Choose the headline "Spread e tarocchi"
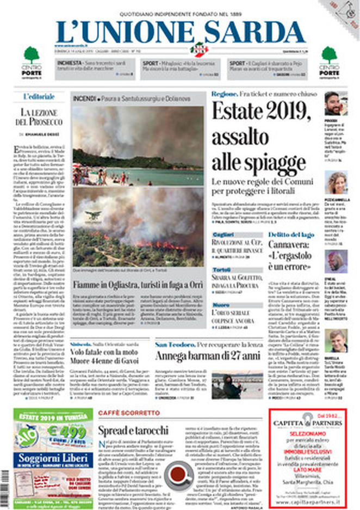click(x=133, y=429)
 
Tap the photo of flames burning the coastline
click(x=138, y=227)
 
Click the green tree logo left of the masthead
click(x=32, y=56)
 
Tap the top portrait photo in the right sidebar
click(x=336, y=103)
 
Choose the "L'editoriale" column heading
click(x=39, y=97)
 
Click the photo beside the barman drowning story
click(x=237, y=385)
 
